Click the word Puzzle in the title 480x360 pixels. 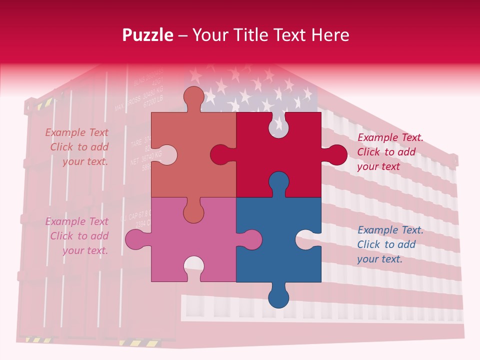pos(147,35)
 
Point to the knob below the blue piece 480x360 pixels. pos(279,296)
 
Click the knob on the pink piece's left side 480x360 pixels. pos(136,239)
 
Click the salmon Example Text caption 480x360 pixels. pos(77,147)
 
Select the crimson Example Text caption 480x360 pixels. pos(390,152)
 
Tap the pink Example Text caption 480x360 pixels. pos(77,236)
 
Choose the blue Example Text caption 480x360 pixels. pos(390,244)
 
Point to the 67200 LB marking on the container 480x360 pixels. pos(152,102)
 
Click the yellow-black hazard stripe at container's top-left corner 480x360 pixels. pos(45,103)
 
